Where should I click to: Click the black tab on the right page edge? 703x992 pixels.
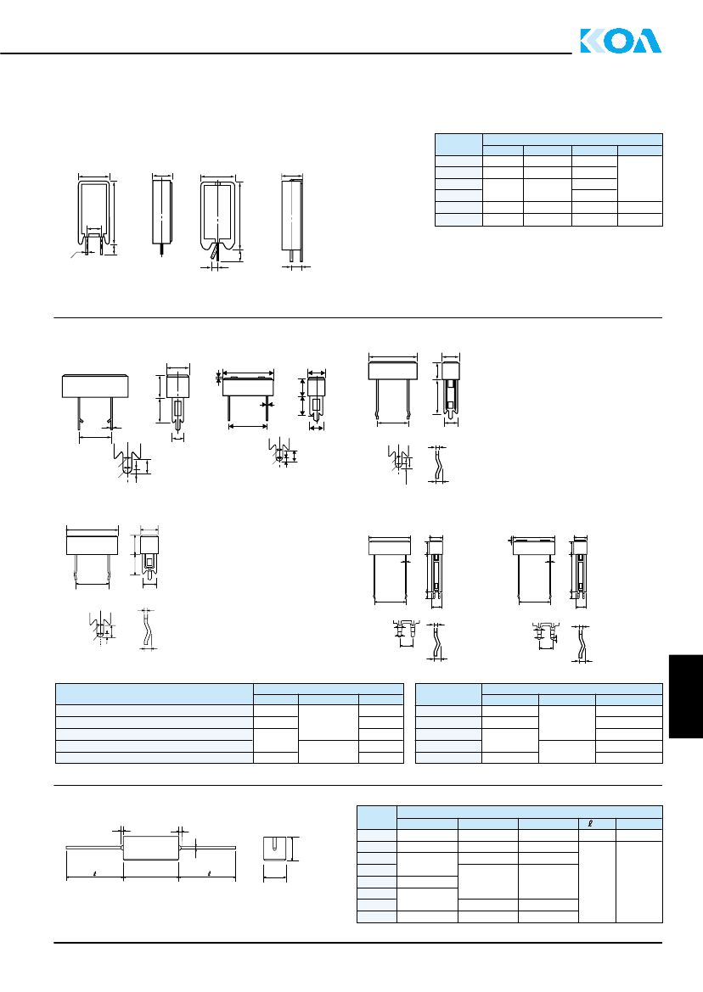[x=686, y=697]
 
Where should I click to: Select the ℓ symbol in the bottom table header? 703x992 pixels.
[x=590, y=824]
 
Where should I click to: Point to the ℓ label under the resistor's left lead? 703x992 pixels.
[x=94, y=874]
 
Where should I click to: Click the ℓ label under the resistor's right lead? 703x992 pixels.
[x=209, y=874]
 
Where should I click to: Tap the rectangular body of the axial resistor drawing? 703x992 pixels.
[x=150, y=848]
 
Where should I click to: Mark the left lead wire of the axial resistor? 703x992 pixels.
[x=94, y=847]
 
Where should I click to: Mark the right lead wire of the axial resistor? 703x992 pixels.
[x=207, y=847]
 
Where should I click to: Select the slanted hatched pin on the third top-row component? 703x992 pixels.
[x=215, y=252]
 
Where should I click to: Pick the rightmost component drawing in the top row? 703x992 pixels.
[x=292, y=219]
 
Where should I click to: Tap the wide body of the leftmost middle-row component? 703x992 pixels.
[x=96, y=386]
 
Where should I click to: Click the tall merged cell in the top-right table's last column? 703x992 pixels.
[x=639, y=178]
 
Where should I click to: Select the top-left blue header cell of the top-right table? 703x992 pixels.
[x=458, y=145]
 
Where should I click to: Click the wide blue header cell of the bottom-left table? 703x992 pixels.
[x=155, y=694]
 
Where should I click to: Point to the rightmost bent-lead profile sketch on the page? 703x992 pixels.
[x=582, y=643]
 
